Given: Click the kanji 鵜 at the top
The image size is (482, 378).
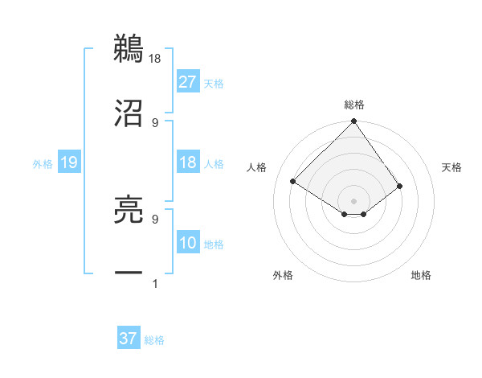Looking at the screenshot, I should [129, 48].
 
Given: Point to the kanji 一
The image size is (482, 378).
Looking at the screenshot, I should [129, 274].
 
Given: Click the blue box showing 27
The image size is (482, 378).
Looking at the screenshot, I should [188, 81].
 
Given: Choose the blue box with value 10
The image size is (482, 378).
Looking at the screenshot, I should [188, 243].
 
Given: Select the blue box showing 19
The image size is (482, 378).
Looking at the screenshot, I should [69, 162].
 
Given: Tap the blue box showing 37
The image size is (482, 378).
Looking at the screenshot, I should [129, 339].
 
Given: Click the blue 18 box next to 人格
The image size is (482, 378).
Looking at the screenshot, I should [188, 162].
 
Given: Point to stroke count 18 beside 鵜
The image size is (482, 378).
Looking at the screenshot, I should [156, 58].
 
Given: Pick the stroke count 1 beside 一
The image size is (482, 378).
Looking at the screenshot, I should [155, 284].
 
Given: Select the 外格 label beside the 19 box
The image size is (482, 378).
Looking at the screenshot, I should [43, 163].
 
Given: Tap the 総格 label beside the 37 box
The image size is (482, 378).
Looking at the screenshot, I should [154, 339].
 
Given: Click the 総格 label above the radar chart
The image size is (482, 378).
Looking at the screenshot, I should [354, 105].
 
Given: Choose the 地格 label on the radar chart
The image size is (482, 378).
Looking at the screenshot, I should [421, 276].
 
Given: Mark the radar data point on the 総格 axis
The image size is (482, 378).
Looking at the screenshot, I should [354, 122].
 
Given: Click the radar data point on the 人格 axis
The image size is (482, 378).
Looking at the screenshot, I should [293, 182].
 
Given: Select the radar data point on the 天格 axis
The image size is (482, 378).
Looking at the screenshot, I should [400, 186].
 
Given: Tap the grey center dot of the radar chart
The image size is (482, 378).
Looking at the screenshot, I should [354, 200].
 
